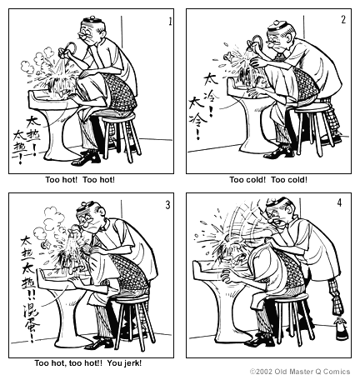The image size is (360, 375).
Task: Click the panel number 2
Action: [342, 17]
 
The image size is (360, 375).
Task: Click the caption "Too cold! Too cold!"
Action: [268, 178]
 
